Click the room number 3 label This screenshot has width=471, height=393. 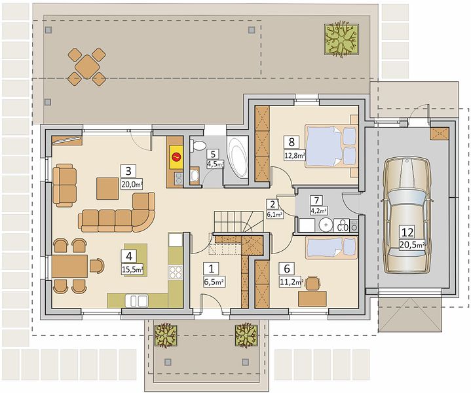[128, 171]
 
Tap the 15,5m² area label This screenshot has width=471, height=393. [132, 270]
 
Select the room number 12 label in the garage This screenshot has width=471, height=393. [407, 232]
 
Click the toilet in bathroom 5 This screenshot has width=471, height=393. [198, 145]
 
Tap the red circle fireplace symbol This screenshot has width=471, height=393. [176, 157]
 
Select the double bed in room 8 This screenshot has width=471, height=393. [331, 145]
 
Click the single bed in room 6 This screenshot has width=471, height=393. [331, 248]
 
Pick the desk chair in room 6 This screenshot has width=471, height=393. [312, 284]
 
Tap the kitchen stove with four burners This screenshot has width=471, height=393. [176, 272]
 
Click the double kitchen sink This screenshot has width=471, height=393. [137, 301]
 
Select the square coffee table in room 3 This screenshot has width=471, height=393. [107, 189]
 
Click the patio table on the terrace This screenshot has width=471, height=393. [87, 66]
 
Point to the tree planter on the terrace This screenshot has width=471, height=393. [342, 39]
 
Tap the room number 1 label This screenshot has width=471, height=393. [211, 269]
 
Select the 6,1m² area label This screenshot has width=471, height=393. [275, 214]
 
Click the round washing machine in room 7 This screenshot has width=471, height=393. [326, 225]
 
